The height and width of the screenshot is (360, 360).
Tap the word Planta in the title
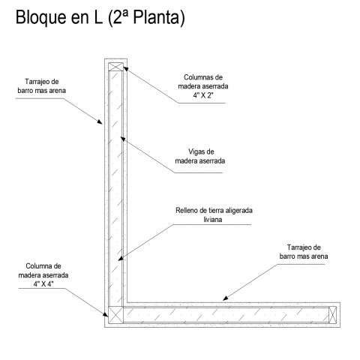[156, 17]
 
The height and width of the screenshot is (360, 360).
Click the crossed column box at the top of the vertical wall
[115, 67]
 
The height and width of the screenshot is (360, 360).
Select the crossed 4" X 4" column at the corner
[115, 314]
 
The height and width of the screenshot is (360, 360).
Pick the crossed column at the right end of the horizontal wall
[332, 315]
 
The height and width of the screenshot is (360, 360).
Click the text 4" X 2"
[203, 95]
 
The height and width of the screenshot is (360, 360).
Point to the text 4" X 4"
[43, 284]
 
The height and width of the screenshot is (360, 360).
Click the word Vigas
[194, 151]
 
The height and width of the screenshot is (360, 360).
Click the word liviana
[213, 220]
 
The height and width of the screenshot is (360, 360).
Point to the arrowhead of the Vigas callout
[123, 139]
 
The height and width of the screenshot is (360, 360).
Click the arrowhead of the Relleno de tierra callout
[121, 258]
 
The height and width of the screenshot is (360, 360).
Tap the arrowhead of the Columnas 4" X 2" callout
[126, 69]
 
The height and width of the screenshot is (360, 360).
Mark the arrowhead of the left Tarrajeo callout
[100, 121]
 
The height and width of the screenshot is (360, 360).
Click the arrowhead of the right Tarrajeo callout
[226, 298]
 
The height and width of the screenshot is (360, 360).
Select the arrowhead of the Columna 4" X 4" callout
[106, 314]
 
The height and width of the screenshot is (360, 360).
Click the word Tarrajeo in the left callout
[35, 82]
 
